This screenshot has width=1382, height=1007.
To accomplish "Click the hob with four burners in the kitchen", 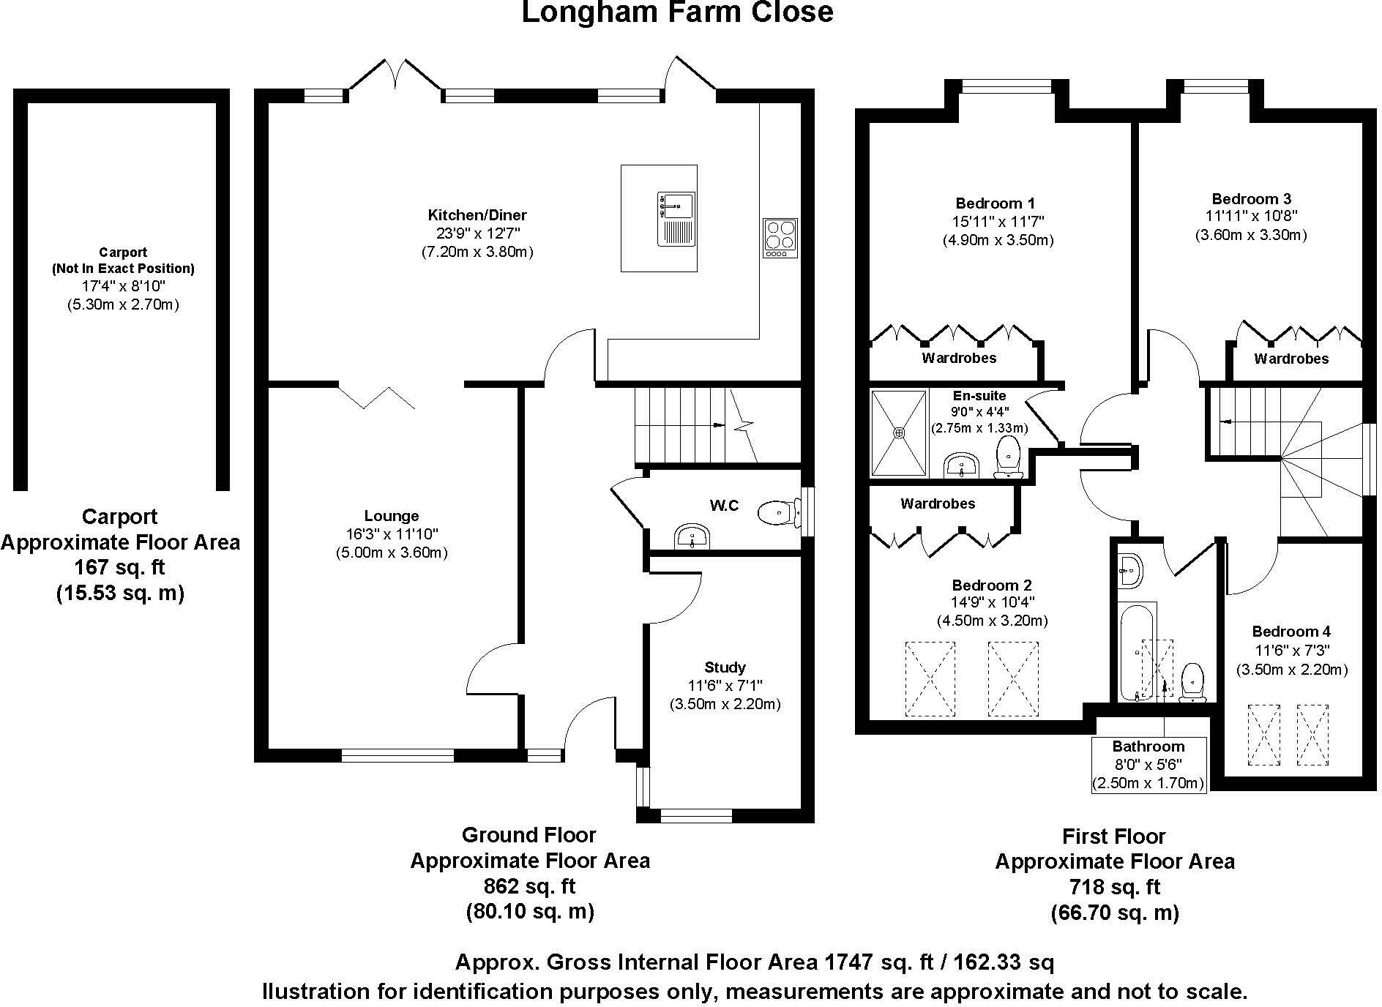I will pos(779,237).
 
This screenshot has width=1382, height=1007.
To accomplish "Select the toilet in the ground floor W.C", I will pos(778,513).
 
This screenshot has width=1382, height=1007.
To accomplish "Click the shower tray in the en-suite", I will pos(899,433).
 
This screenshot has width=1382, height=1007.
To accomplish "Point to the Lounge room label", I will pos(391,516).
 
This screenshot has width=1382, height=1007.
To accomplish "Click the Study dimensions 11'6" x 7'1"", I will pos(724,686).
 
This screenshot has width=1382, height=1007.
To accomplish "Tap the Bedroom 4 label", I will pos(1291,632).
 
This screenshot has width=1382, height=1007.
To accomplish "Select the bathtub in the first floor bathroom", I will pos(1136,651).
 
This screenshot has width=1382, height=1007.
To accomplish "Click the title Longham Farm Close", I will pos(676,12).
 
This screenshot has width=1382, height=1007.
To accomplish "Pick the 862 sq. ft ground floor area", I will pos(529,886).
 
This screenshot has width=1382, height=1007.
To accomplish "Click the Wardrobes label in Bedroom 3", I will pos(1291,359).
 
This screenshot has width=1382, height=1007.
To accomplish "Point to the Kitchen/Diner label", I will pos(477,215).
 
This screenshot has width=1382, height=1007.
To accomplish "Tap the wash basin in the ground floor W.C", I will pos(690,536).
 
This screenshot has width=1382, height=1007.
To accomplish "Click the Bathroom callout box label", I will pos(1148,746).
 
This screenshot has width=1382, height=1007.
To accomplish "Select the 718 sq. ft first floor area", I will pos(1114,887).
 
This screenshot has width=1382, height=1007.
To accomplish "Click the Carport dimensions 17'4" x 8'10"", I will pos(122,286).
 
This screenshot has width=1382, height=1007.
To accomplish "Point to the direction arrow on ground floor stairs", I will pos(717,425).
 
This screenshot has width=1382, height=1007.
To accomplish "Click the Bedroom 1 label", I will pos(995,203).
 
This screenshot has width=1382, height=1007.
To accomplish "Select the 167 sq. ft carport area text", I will pos(119,567).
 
